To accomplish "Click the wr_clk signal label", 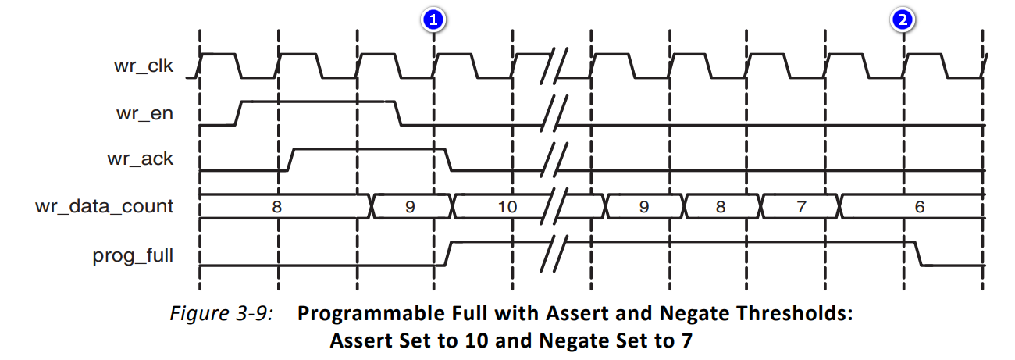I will tap(143, 65).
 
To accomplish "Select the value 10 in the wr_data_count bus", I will tap(507, 207).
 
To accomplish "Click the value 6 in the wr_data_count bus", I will tap(920, 207).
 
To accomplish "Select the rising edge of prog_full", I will tap(448, 253).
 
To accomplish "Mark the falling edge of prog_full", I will tap(919, 253).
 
